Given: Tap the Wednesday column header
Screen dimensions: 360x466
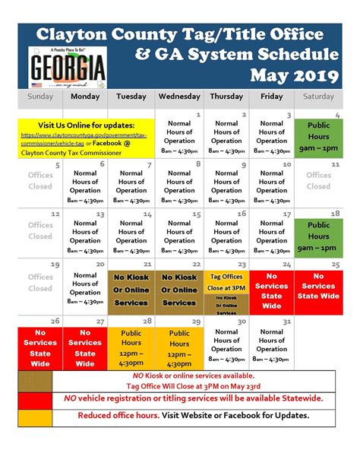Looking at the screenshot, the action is coord(179,97).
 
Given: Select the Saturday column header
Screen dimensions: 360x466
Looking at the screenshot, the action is coord(318,97).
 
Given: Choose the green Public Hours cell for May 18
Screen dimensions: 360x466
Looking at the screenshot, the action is coord(318,231).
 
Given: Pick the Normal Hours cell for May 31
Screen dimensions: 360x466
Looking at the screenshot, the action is coord(272,344).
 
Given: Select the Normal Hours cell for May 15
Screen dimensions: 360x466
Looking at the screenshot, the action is coord(179,231).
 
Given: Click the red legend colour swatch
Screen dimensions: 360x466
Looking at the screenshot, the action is coord(35,398).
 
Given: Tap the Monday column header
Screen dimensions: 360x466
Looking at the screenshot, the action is coord(85,97).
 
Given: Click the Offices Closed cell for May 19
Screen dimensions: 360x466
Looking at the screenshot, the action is coord(39,283).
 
